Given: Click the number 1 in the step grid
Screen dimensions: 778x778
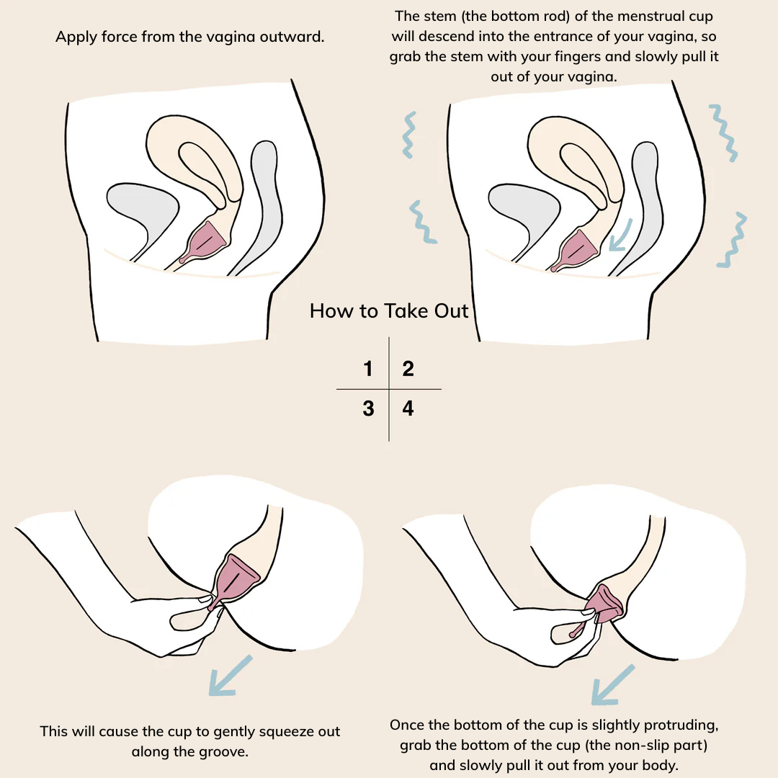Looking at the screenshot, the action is click(367, 368).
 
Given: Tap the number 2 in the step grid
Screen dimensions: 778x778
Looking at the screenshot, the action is click(408, 368).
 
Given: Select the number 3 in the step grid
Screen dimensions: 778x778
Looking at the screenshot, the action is click(368, 408).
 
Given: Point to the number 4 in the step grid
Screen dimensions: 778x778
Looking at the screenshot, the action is click(408, 408).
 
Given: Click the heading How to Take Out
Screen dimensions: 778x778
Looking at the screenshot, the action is click(389, 311).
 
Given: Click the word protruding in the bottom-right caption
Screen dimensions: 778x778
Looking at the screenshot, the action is click(681, 725).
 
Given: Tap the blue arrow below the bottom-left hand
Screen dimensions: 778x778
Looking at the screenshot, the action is click(231, 676).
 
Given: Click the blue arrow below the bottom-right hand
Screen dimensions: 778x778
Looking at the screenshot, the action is click(613, 685).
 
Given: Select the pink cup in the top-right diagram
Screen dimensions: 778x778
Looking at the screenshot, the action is click(576, 251).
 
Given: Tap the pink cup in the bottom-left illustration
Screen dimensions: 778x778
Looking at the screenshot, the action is click(233, 581).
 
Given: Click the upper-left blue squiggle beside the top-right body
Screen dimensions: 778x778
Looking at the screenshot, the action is click(409, 135).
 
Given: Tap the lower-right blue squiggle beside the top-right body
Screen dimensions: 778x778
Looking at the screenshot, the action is click(733, 240).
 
